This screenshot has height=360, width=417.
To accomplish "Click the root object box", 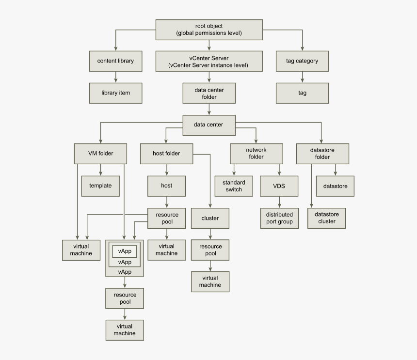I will point(208,30).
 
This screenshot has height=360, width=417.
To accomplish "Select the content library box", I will point(115,61).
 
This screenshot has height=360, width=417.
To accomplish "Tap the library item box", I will point(115,93).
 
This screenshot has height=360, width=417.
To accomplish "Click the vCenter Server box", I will point(208,62).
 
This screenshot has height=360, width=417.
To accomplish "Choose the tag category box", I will point(303,61).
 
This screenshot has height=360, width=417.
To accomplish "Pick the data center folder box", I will point(208,93).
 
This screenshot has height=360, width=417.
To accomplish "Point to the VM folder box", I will point(100,154).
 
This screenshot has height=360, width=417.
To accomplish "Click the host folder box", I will point(166,154).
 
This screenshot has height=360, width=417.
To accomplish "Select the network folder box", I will point(256,154).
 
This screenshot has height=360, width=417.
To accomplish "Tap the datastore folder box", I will point(322,154).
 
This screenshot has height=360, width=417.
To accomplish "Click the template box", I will point(100,186).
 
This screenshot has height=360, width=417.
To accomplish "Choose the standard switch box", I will point(234,186).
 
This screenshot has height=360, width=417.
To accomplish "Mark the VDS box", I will point(279,186).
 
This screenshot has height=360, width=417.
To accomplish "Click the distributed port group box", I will point(279,218).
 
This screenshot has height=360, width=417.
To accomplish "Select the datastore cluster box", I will point(327,218).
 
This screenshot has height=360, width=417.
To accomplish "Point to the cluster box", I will point(210,218).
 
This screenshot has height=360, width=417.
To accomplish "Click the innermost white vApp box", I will point(125,251).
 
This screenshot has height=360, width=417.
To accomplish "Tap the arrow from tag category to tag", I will point(303,77).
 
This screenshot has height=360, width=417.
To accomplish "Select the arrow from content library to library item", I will point(115,77).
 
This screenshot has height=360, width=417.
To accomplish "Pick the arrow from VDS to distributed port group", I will point(279,202).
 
